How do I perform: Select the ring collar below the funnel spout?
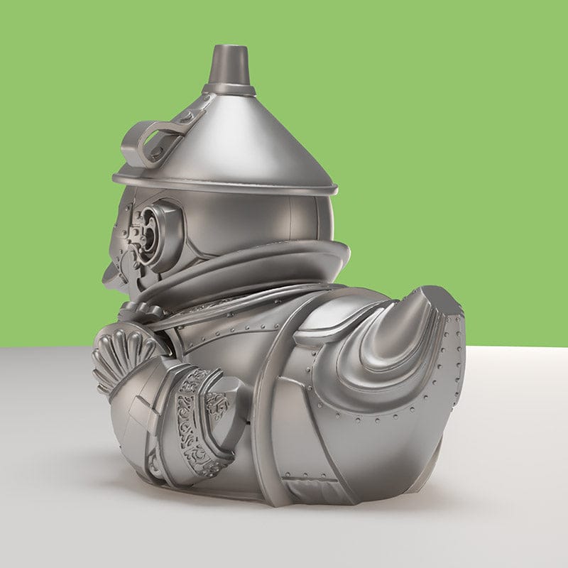(x=229, y=90)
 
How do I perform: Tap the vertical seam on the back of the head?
(x=290, y=220)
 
